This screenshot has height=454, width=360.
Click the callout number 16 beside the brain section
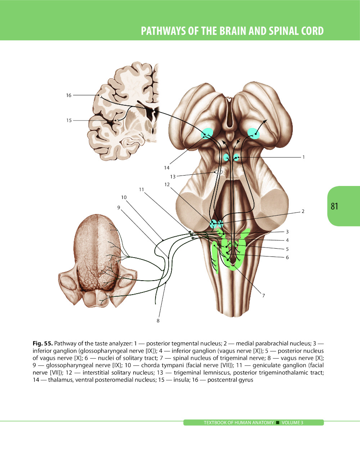69,95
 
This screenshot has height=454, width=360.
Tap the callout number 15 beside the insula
69,121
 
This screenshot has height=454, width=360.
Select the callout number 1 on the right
303,157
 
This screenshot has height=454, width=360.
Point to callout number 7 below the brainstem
264,296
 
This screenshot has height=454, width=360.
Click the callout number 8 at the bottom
158,321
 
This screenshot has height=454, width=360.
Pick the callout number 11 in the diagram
141,190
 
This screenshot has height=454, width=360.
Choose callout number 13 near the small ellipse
173,177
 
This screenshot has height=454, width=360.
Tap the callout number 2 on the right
303,212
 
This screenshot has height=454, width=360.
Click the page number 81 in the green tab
334,206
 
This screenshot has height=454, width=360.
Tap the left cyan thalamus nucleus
207,134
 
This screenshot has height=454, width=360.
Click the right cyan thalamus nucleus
253,133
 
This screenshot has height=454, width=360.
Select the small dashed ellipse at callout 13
218,172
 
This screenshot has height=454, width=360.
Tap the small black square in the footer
278,423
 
